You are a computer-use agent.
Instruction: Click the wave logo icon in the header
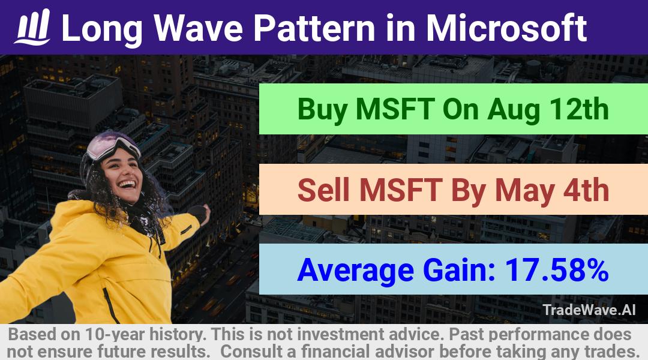coord(32,27)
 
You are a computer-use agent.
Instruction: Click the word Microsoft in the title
coord(506,28)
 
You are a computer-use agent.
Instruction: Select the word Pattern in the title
coord(314,28)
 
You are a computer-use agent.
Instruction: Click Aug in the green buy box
coord(513,110)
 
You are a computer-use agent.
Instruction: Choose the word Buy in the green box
coord(322,110)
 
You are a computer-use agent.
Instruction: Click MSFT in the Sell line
coord(400,190)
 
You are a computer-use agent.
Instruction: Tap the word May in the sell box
coord(524,191)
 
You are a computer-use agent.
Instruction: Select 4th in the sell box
coord(586,190)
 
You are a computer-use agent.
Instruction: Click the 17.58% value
coord(557,270)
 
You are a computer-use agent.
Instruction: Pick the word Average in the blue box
coord(355,271)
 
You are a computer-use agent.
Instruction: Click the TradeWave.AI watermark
coord(589,310)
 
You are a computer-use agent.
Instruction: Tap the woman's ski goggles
coord(112,145)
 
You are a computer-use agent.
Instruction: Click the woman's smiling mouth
coord(127,184)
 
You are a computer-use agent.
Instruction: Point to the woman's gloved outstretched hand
coord(200,213)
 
